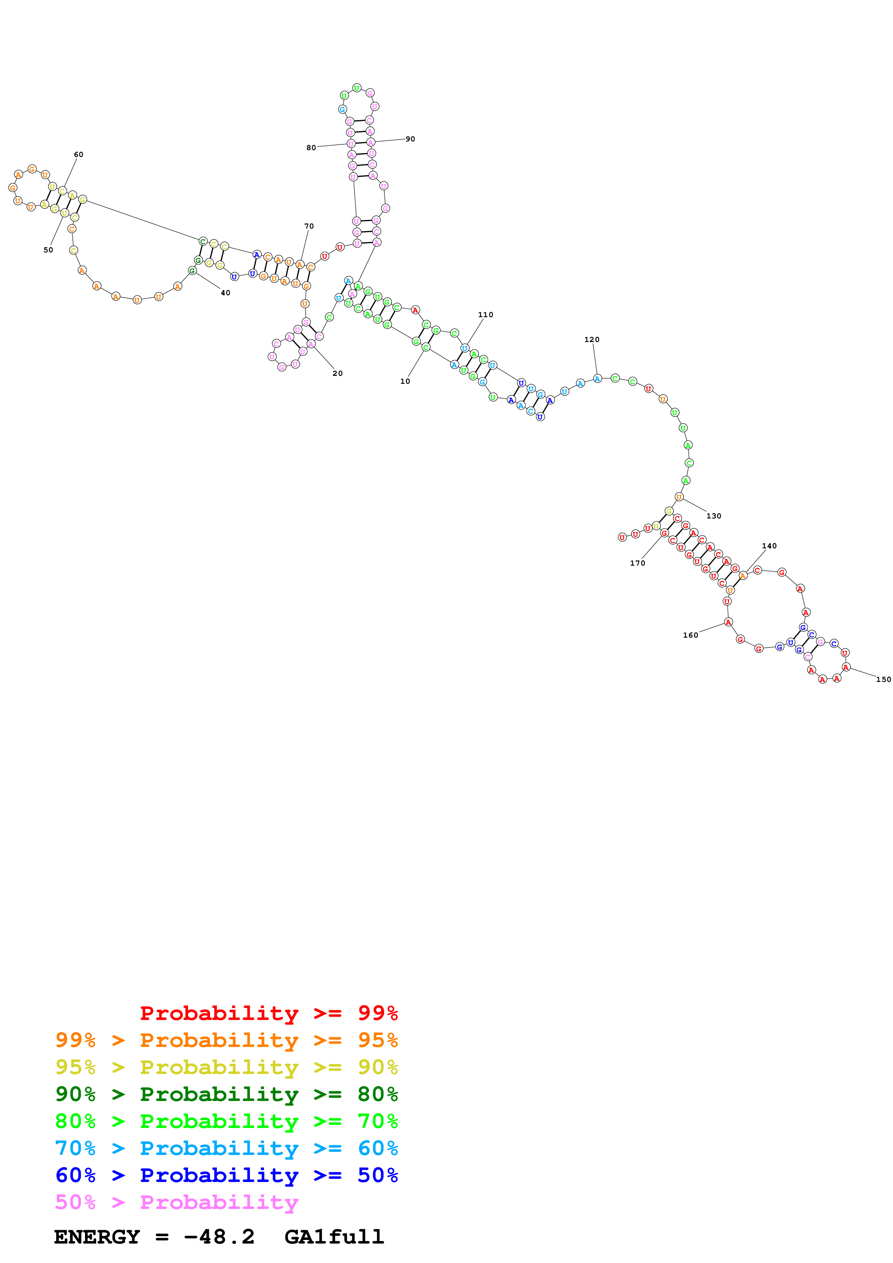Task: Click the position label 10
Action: [405, 381]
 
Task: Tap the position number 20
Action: [337, 373]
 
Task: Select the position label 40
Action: [225, 293]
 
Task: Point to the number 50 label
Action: [48, 250]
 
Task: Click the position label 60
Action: [79, 154]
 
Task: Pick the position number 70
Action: [309, 226]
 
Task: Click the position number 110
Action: [485, 315]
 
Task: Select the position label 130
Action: [714, 516]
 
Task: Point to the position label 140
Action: [769, 546]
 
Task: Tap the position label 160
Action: [691, 635]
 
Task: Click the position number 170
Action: [638, 563]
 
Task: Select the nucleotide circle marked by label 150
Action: [846, 667]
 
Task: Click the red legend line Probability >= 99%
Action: [268, 1013]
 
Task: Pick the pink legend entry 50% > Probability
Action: [176, 1203]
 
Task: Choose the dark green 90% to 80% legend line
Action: [226, 1094]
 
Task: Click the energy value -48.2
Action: [219, 1237]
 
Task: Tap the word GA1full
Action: [334, 1237]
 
